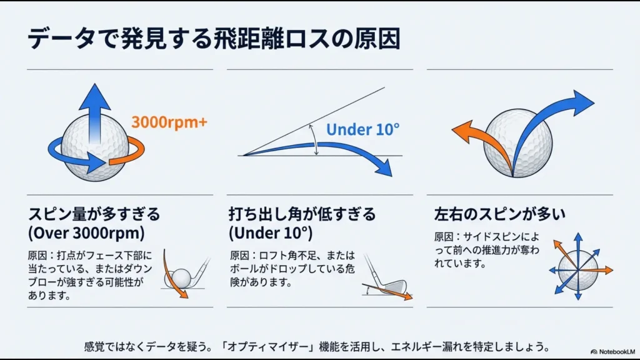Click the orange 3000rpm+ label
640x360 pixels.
coord(169,122)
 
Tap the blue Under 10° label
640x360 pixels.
coord(362,130)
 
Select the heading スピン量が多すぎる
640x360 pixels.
coord(94,214)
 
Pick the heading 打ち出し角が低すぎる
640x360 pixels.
coord(302,214)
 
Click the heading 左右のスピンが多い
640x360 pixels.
coord(499,214)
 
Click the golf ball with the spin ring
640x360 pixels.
coord(95,150)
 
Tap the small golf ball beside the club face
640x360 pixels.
coord(181,276)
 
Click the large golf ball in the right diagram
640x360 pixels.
coord(519,142)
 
